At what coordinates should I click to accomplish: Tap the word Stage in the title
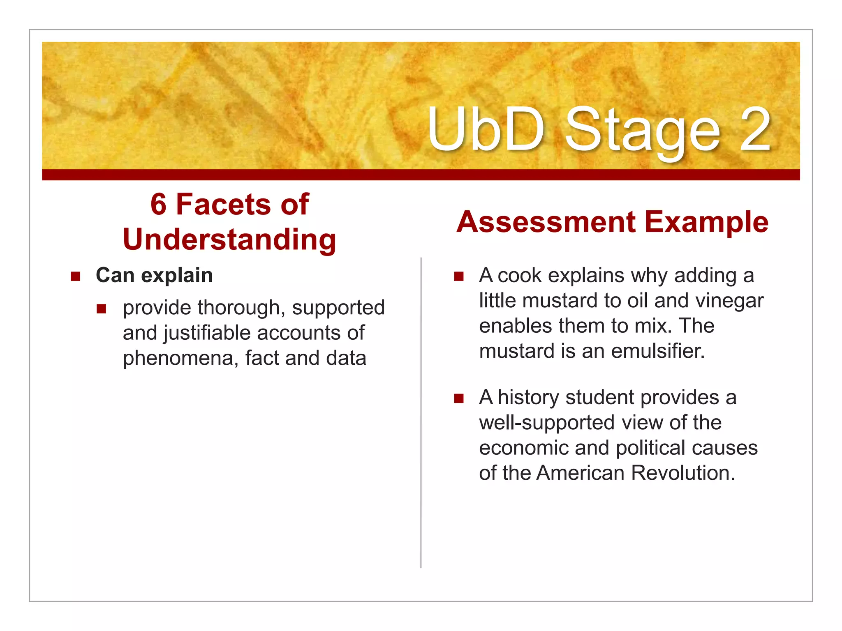[x=643, y=131]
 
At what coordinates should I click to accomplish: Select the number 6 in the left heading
[x=158, y=204]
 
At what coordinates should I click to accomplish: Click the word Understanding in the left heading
[x=229, y=240]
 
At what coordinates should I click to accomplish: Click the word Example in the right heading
[x=706, y=222]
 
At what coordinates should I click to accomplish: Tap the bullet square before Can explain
[x=75, y=276]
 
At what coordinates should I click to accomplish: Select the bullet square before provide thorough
[x=102, y=309]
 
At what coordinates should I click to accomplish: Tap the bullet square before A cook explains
[x=459, y=276]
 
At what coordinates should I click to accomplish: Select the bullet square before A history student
[x=459, y=398]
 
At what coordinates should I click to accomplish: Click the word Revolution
[x=683, y=473]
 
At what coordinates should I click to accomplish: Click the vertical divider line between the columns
[x=421, y=411]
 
